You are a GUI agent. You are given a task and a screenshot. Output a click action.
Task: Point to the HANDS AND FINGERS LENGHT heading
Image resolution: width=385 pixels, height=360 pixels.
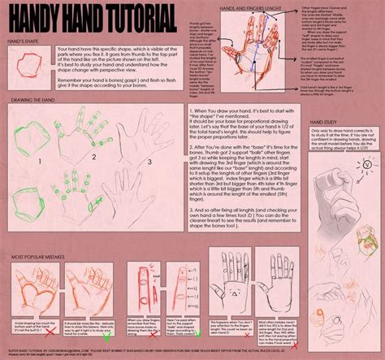[x=241, y=7]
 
